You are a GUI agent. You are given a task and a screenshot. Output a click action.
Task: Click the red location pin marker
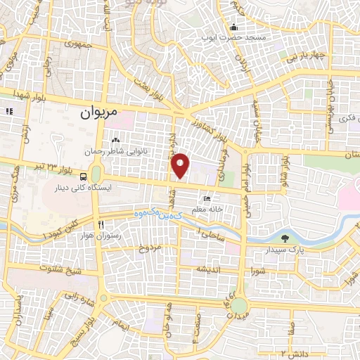tap(181, 166)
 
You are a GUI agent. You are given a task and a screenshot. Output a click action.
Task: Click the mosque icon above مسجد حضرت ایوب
tap(233, 27)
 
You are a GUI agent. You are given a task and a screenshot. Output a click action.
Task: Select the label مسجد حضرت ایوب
tap(233, 36)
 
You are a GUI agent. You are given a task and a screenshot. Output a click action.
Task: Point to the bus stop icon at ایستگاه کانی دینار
tap(84, 176)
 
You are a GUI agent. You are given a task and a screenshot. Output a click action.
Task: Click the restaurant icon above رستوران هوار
tap(101, 224)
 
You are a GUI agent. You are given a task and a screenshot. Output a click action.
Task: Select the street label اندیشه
tap(210, 269)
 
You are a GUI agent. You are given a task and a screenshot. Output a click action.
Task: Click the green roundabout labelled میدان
tap(239, 306)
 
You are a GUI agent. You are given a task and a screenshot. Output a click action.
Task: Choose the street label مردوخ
tap(150, 248)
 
